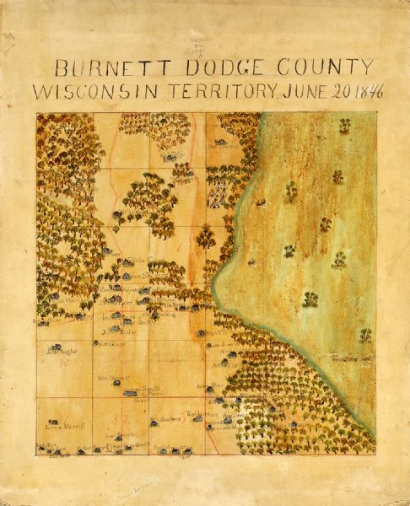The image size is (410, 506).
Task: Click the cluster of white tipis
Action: (217, 192)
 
